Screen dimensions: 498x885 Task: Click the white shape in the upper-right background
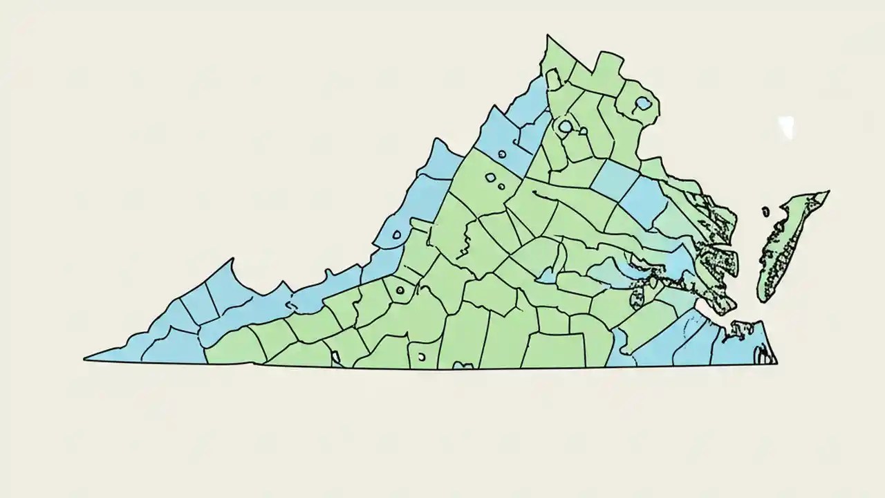point(786,127)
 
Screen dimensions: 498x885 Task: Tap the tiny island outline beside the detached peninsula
point(765,211)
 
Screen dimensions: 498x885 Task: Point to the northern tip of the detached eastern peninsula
point(828,192)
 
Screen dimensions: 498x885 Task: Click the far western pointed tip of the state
point(85,359)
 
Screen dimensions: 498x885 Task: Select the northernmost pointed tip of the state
point(548,35)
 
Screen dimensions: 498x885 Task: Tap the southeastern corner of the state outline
point(776,362)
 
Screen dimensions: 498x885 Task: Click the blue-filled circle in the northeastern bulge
point(643,104)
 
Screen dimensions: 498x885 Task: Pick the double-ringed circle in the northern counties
point(565,127)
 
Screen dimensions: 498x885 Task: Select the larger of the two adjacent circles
point(490,178)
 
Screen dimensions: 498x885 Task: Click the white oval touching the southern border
point(421,357)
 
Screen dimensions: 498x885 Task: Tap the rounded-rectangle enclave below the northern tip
point(553,77)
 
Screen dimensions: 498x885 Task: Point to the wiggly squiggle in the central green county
point(466,244)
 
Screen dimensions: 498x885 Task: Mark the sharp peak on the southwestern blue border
point(232,260)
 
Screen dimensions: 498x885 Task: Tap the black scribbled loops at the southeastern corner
point(764,356)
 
